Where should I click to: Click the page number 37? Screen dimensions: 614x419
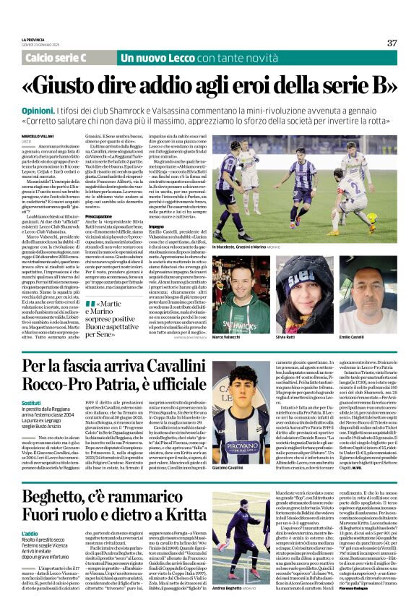pos(392,43)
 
